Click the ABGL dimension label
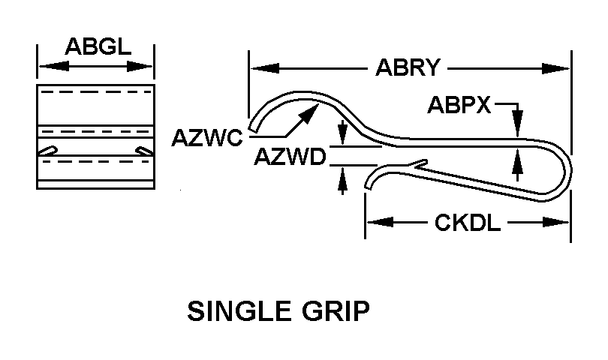click(96, 46)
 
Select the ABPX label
click(459, 105)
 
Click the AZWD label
click(289, 158)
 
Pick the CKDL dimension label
click(468, 222)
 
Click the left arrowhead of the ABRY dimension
click(259, 68)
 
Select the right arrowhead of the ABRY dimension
click(561, 68)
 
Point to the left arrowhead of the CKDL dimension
click(375, 222)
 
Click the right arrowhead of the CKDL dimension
click(561, 222)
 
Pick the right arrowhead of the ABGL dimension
click(146, 67)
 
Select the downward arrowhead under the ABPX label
click(519, 127)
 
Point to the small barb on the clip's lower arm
click(421, 162)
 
